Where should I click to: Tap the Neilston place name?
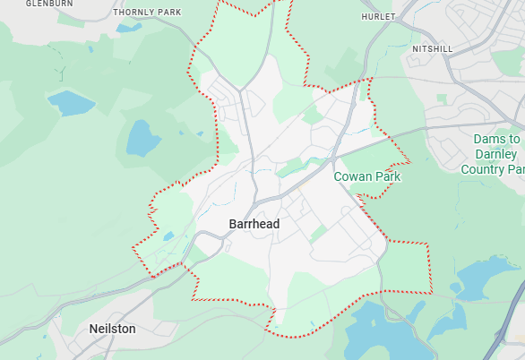pyautogui.click(x=112, y=329)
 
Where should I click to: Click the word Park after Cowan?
pyautogui.click(x=389, y=176)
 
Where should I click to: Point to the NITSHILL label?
pyautogui.click(x=433, y=48)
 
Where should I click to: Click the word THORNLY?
pyautogui.click(x=133, y=13)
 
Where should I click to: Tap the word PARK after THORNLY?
pyautogui.click(x=168, y=13)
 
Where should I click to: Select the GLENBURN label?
pyautogui.click(x=48, y=4)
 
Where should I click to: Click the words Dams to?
pyautogui.click(x=497, y=140)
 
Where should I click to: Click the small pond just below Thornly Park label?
pyautogui.click(x=128, y=28)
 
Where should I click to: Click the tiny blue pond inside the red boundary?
pyautogui.click(x=168, y=236)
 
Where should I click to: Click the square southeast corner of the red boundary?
pyautogui.click(x=430, y=292)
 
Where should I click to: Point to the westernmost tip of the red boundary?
pyautogui.click(x=133, y=247)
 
